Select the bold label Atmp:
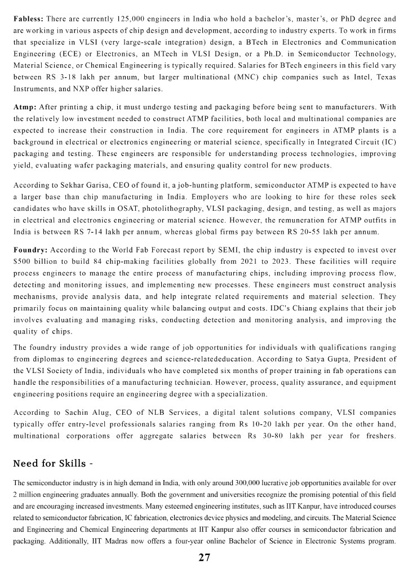[x=25, y=106]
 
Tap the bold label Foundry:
[x=32, y=249]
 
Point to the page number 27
[x=204, y=557]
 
